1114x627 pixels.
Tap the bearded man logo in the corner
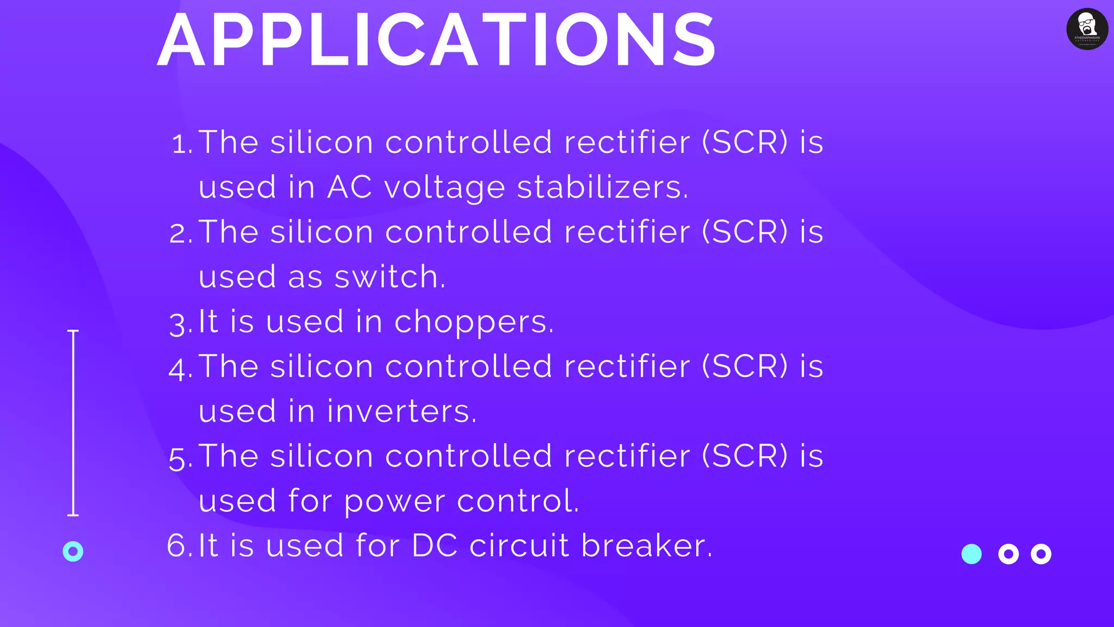1087,29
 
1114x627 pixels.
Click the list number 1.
182,144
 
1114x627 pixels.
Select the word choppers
473,322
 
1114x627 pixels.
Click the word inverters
401,411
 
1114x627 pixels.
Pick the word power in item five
394,501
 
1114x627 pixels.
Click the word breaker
646,545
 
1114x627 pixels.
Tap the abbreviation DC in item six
435,545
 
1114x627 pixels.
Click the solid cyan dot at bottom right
971,554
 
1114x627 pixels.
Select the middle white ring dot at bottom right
1008,554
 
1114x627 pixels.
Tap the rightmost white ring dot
1041,554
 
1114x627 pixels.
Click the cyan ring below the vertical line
73,551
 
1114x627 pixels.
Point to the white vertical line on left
73,422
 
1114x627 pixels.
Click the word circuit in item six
519,545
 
